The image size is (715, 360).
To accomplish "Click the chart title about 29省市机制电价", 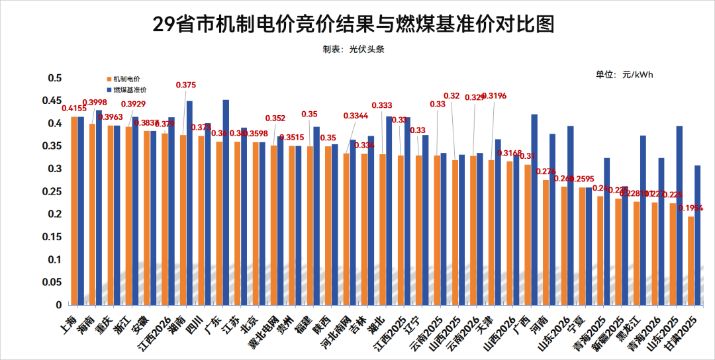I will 353,24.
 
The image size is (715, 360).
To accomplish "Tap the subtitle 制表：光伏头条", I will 353,50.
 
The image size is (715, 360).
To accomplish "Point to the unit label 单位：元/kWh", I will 624,75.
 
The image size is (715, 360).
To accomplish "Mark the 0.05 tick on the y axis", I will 49,283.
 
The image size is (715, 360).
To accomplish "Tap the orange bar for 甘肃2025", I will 691,261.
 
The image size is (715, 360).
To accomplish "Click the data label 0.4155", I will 74,109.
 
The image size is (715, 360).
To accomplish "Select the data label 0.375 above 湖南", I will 185,85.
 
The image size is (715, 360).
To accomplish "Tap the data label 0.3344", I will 356,116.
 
